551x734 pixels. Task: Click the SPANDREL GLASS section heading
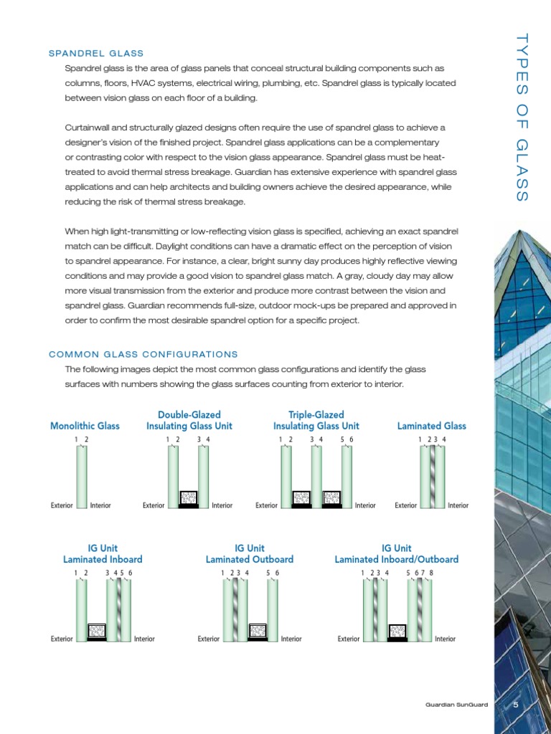click(x=96, y=54)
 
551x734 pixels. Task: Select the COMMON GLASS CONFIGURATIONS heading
click(x=143, y=354)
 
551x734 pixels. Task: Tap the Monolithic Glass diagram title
click(x=85, y=426)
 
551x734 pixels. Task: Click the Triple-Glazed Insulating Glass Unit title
click(x=316, y=420)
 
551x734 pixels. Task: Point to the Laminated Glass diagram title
click(x=431, y=426)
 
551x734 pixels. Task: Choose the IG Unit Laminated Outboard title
click(x=250, y=553)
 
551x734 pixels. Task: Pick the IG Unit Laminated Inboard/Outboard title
click(x=396, y=553)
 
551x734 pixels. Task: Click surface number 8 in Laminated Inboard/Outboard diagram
click(x=432, y=573)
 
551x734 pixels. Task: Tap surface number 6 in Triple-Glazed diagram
click(x=352, y=439)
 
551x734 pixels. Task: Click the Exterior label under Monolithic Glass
click(x=62, y=505)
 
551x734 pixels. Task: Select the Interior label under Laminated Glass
click(x=458, y=505)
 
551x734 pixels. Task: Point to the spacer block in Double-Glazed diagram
click(x=188, y=500)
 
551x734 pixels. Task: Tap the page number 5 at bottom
click(x=515, y=705)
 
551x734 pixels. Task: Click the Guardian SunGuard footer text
click(x=456, y=705)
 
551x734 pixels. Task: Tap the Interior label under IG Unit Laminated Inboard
click(x=144, y=639)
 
